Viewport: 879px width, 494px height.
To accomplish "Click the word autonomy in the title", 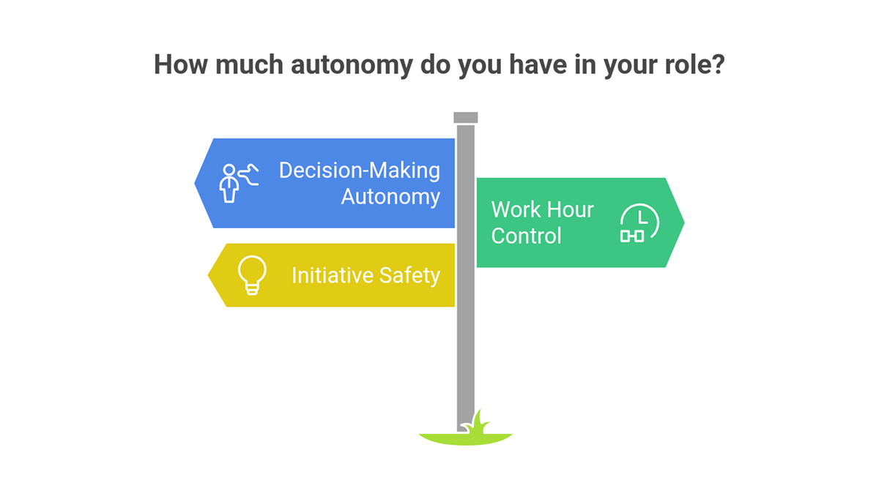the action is point(352,65).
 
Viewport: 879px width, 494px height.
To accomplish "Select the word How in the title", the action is point(180,64).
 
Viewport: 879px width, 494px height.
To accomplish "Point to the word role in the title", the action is point(687,64).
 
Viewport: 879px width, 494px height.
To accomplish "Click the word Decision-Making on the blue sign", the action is point(360,171).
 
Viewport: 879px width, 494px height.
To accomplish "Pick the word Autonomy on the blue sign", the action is point(390,196).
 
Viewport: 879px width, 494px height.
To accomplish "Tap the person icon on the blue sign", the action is point(239,183).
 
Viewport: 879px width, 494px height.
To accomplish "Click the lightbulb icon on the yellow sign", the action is point(252,275).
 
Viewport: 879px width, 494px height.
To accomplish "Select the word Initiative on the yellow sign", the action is point(333,275).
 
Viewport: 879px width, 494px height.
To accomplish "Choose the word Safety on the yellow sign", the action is point(409,275).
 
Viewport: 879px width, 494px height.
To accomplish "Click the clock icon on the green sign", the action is point(639,222).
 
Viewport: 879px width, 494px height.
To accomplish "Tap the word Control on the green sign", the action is point(526,236).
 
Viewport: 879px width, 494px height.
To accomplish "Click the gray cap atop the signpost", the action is point(466,118).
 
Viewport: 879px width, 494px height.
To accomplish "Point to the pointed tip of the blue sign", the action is point(195,183).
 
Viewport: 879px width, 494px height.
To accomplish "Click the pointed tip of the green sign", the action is point(684,222).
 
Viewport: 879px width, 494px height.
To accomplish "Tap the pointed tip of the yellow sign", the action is point(208,275).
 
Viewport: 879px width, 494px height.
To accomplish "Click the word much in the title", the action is point(249,64).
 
